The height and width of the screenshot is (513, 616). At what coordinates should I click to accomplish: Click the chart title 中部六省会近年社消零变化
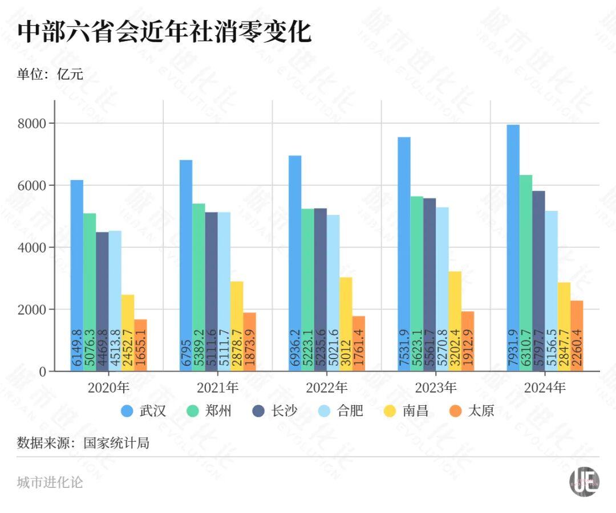click(164, 32)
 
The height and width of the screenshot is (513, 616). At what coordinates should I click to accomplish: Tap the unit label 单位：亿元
click(50, 74)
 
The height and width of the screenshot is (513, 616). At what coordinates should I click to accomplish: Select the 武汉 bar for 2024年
click(513, 248)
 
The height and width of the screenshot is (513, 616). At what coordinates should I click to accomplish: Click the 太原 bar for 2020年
click(140, 345)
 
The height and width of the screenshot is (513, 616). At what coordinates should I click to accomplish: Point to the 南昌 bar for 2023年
click(454, 321)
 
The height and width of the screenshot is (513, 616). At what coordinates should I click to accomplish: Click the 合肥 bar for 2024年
click(551, 291)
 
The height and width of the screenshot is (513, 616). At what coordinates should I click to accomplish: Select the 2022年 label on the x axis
click(326, 388)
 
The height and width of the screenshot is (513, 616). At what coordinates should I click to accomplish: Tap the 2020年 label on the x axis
click(108, 388)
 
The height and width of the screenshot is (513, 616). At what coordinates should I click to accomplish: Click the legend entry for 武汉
click(144, 411)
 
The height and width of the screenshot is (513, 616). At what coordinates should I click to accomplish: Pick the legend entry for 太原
click(471, 411)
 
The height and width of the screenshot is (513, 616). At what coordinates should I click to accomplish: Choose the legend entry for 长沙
click(275, 411)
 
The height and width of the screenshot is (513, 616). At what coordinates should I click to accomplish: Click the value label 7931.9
click(513, 348)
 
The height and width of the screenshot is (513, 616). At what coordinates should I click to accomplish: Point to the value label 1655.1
click(141, 350)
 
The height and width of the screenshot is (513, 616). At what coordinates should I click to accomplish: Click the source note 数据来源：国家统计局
click(83, 443)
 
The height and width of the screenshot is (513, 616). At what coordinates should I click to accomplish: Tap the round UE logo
click(584, 482)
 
